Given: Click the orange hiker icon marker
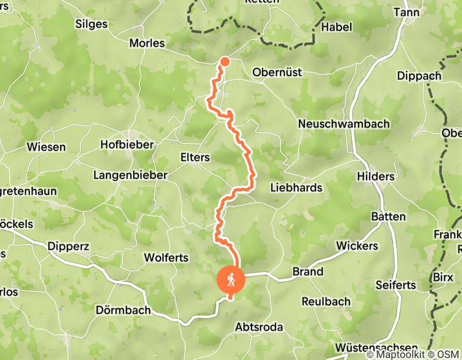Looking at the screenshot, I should [x=231, y=279].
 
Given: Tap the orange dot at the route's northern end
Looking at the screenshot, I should [x=225, y=62].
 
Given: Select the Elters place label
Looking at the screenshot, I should [x=195, y=157].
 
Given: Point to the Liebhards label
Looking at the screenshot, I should [x=296, y=188].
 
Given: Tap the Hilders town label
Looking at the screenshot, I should [x=376, y=176].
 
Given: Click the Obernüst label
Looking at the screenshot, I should [x=277, y=73].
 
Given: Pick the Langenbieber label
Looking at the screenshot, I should [x=130, y=175].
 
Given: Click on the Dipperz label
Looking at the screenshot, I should [x=68, y=246].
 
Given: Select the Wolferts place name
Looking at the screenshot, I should [x=166, y=257].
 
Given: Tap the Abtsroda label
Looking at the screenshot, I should [x=259, y=327].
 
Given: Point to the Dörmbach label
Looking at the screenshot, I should [x=123, y=310].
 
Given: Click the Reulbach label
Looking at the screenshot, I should [x=326, y=301].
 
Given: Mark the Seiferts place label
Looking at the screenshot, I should [x=395, y=284].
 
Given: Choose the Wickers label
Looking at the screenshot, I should [x=357, y=246].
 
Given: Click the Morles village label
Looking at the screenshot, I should [x=147, y=43].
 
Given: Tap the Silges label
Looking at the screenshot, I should [x=91, y=24].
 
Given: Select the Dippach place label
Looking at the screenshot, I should [x=419, y=76].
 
